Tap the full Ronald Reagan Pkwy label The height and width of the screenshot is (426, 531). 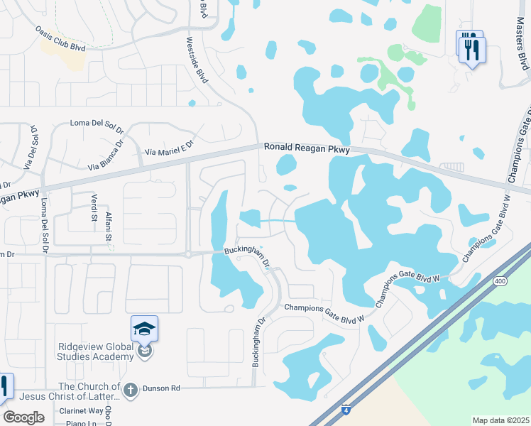307,148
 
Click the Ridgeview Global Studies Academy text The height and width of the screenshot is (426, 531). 96,351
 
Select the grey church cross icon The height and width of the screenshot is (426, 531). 130,389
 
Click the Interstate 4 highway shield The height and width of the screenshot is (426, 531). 345,410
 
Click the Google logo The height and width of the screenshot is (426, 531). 24,417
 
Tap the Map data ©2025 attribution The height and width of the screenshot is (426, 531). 500,420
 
